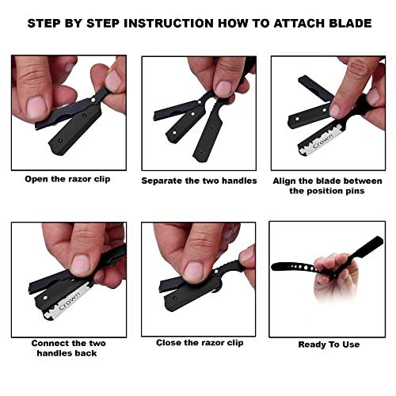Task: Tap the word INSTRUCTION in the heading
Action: [x=169, y=23]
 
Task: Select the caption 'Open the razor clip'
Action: [x=67, y=179]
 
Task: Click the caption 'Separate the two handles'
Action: [x=199, y=181]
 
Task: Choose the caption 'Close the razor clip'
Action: [x=200, y=343]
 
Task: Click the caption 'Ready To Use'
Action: [x=329, y=345]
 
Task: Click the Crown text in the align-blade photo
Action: [x=322, y=141]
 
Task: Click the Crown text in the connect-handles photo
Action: [x=70, y=301]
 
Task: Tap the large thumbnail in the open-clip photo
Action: [x=37, y=107]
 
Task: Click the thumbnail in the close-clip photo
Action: [x=194, y=272]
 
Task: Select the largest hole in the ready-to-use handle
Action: [x=306, y=268]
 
